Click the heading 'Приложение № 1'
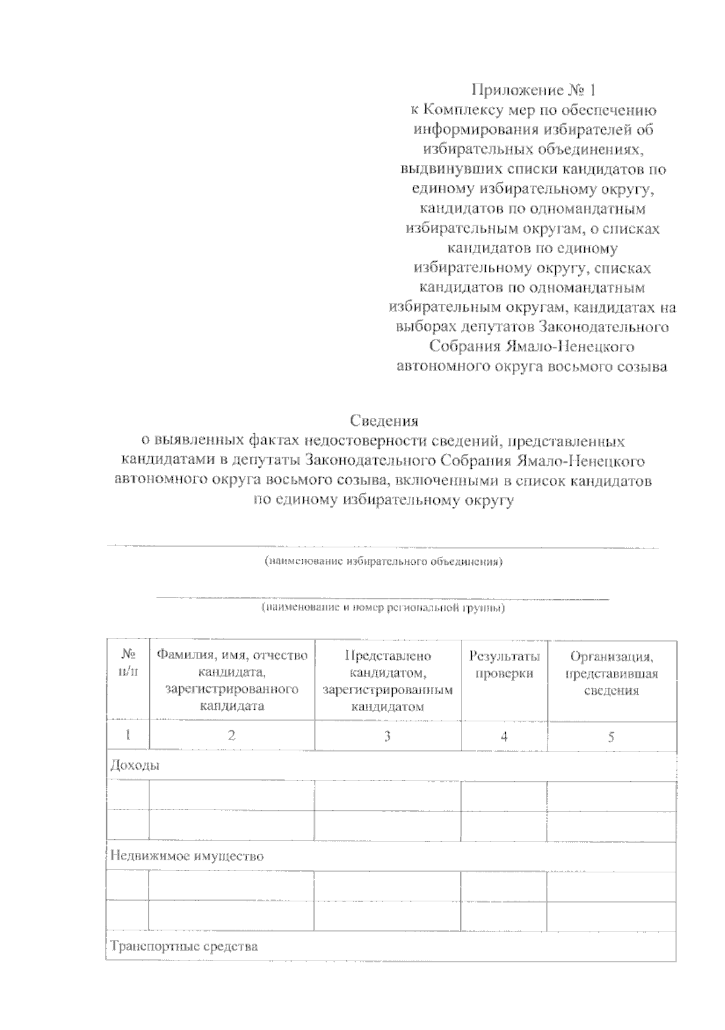click(x=533, y=90)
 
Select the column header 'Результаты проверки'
click(x=504, y=665)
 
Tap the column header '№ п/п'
click(x=127, y=663)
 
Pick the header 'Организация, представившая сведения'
click(x=611, y=673)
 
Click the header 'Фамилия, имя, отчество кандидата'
click(x=232, y=680)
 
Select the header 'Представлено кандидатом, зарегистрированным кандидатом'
click(x=388, y=681)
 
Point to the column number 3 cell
click(x=387, y=736)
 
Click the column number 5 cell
click(x=611, y=736)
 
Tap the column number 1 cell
click(x=127, y=736)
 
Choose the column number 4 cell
click(x=504, y=736)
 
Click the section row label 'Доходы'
click(x=135, y=766)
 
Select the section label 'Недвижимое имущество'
click(x=187, y=856)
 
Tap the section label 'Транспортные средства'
click(x=184, y=946)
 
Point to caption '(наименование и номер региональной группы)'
click(x=383, y=608)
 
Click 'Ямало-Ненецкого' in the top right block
click(x=569, y=347)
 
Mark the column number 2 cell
click(x=231, y=736)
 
